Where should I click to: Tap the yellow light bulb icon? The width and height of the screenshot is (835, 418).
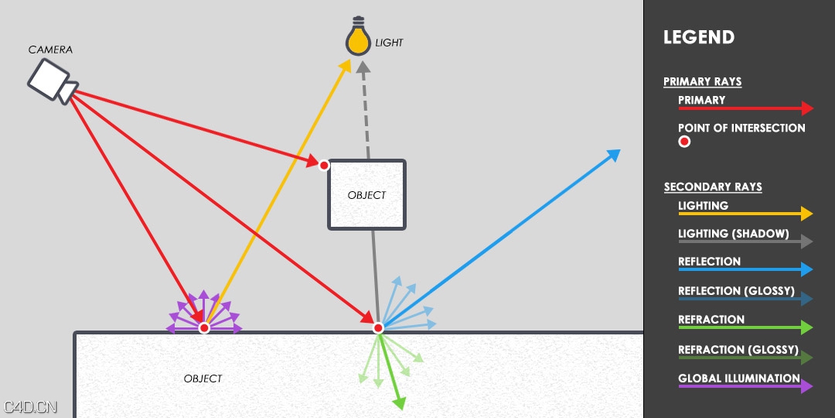357,39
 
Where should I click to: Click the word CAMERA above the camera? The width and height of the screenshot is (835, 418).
50,50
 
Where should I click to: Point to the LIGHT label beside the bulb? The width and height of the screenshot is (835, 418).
389,43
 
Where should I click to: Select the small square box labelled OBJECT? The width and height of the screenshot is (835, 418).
366,195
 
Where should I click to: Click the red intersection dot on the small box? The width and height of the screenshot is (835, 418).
324,165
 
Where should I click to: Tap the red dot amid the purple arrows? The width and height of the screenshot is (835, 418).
204,328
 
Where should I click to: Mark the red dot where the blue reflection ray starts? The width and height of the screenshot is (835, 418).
378,328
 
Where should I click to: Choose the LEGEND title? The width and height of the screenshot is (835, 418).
699,37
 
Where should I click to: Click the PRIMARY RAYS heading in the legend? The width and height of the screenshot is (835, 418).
702,81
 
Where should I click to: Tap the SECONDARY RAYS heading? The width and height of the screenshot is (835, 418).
713,187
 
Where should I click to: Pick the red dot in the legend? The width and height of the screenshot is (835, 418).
684,142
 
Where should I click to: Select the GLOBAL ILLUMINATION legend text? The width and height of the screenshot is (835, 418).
738,379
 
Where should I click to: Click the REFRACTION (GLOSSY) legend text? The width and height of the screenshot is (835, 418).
738,350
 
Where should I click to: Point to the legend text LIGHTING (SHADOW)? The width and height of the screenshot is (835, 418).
733,234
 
